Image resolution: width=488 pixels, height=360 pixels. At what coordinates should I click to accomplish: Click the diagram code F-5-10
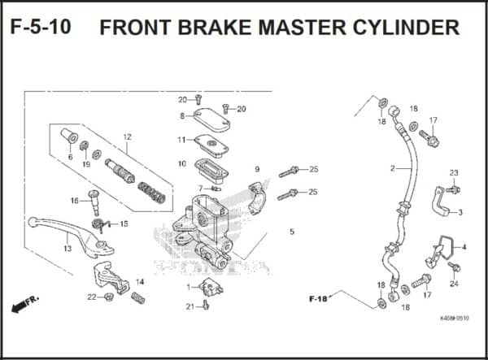click(41, 27)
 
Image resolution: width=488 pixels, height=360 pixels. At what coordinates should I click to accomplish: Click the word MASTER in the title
click(308, 28)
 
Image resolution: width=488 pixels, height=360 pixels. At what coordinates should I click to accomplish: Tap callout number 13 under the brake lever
click(68, 249)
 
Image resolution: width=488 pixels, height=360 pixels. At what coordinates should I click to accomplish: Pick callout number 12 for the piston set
click(127, 137)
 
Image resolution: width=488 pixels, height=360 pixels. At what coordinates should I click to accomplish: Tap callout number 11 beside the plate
click(181, 140)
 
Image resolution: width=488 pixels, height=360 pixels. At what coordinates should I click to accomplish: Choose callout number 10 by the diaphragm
click(181, 164)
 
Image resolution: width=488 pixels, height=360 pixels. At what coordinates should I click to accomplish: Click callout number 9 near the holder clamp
click(256, 169)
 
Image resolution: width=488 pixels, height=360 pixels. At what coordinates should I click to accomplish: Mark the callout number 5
click(291, 232)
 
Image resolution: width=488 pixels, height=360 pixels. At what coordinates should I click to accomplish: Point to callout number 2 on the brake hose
click(392, 168)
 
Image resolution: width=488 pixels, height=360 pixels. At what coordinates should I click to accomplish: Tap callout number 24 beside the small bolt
click(454, 284)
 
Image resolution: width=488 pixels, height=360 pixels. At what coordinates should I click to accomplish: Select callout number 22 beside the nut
click(91, 297)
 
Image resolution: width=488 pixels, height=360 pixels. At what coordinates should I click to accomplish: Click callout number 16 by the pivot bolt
click(73, 201)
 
